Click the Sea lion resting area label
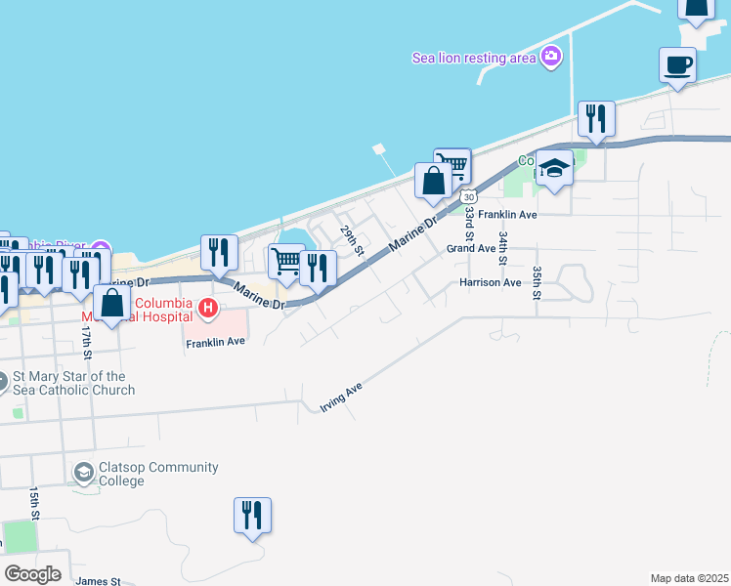[x=474, y=58]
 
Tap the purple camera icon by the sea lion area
[x=551, y=57]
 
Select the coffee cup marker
[x=678, y=66]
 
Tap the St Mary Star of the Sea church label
[x=73, y=383]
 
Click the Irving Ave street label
[x=341, y=397]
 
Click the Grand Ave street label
[x=472, y=248]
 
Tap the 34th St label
[x=503, y=248]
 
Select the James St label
[x=98, y=581]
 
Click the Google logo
[x=32, y=574]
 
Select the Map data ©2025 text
[x=689, y=578]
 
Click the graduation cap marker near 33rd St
[x=554, y=169]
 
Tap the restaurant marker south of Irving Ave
[x=252, y=515]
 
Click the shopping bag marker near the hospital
[x=112, y=304]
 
